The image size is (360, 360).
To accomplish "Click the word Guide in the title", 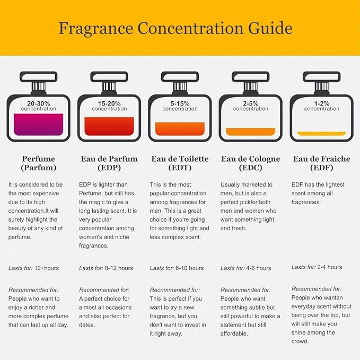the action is tap(270, 28).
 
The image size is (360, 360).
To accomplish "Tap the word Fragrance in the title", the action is tap(96, 28).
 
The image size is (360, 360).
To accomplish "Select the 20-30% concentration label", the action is tap(39, 106).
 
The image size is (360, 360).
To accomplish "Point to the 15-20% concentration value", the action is tap(109, 103).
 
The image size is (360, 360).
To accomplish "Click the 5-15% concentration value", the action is tap(180, 103).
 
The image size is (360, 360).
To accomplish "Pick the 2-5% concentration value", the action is tap(251, 103).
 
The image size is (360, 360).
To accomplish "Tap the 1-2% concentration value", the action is tap(322, 103).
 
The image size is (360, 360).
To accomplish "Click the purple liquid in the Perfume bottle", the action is tap(39, 125).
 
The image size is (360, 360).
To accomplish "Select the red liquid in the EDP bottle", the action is tap(109, 126).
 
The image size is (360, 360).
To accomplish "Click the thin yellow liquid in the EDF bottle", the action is tap(322, 134).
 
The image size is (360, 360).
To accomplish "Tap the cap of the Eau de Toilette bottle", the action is tap(180, 77).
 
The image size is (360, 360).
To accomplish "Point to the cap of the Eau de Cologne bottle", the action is tap(251, 77).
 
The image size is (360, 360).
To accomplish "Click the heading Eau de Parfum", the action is tap(109, 159).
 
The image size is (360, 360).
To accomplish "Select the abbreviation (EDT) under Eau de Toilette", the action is tap(180, 168).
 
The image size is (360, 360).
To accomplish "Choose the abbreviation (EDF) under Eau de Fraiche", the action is tap(322, 168).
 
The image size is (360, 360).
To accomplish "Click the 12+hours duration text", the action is tap(47, 268).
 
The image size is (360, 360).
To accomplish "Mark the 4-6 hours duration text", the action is tap(259, 268).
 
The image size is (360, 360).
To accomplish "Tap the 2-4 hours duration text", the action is tap(330, 267).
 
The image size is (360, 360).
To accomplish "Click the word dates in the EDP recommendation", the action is tap(87, 325).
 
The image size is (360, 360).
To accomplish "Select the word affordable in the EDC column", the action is tap(234, 333).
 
